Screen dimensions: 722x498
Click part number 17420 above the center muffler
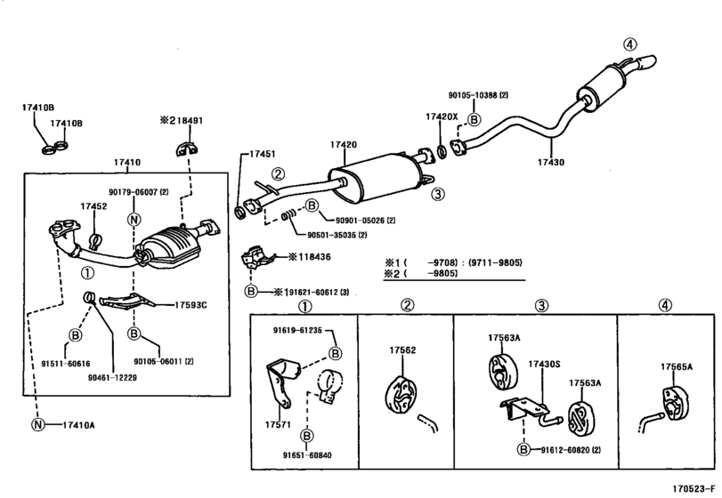click(343, 144)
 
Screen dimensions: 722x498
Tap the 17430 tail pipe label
click(551, 162)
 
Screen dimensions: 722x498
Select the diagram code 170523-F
click(694, 488)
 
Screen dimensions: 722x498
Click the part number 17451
click(262, 154)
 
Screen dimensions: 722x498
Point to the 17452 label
click(93, 206)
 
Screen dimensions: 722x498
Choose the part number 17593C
click(191, 305)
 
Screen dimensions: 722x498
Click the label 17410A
click(78, 425)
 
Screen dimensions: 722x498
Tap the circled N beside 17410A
click(37, 425)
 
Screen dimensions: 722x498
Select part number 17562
click(402, 349)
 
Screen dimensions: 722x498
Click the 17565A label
click(677, 366)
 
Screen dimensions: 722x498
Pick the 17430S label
click(544, 365)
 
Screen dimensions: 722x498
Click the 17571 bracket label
click(278, 424)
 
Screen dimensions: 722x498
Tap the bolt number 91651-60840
click(307, 455)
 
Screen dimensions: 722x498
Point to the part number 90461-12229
click(112, 378)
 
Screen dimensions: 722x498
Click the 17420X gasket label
click(442, 116)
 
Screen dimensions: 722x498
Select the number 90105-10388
click(473, 95)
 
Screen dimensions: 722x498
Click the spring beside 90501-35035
click(289, 214)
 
